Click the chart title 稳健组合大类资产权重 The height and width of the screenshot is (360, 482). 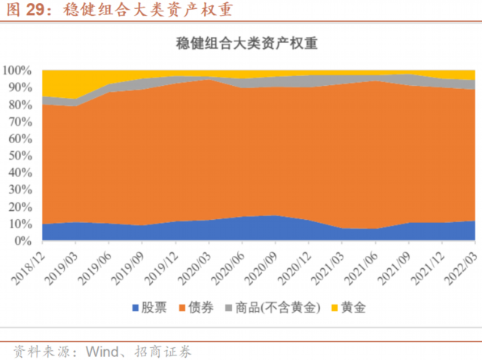coord(240,43)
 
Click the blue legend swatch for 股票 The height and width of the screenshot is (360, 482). coord(136,308)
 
